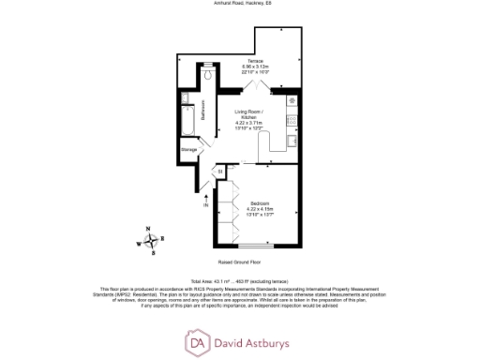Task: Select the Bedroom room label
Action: tap(262, 203)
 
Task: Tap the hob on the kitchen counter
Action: tap(292, 100)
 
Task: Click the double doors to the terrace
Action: tap(255, 85)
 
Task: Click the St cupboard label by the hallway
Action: tap(220, 172)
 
